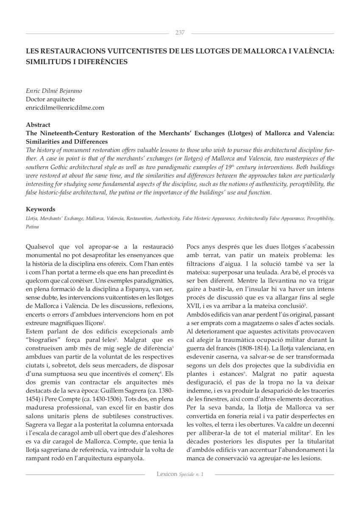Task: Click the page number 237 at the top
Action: [180, 33]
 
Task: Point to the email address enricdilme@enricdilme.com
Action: [65, 108]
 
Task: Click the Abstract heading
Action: [38, 125]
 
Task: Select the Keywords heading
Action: [40, 209]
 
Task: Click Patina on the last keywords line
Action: [32, 227]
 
